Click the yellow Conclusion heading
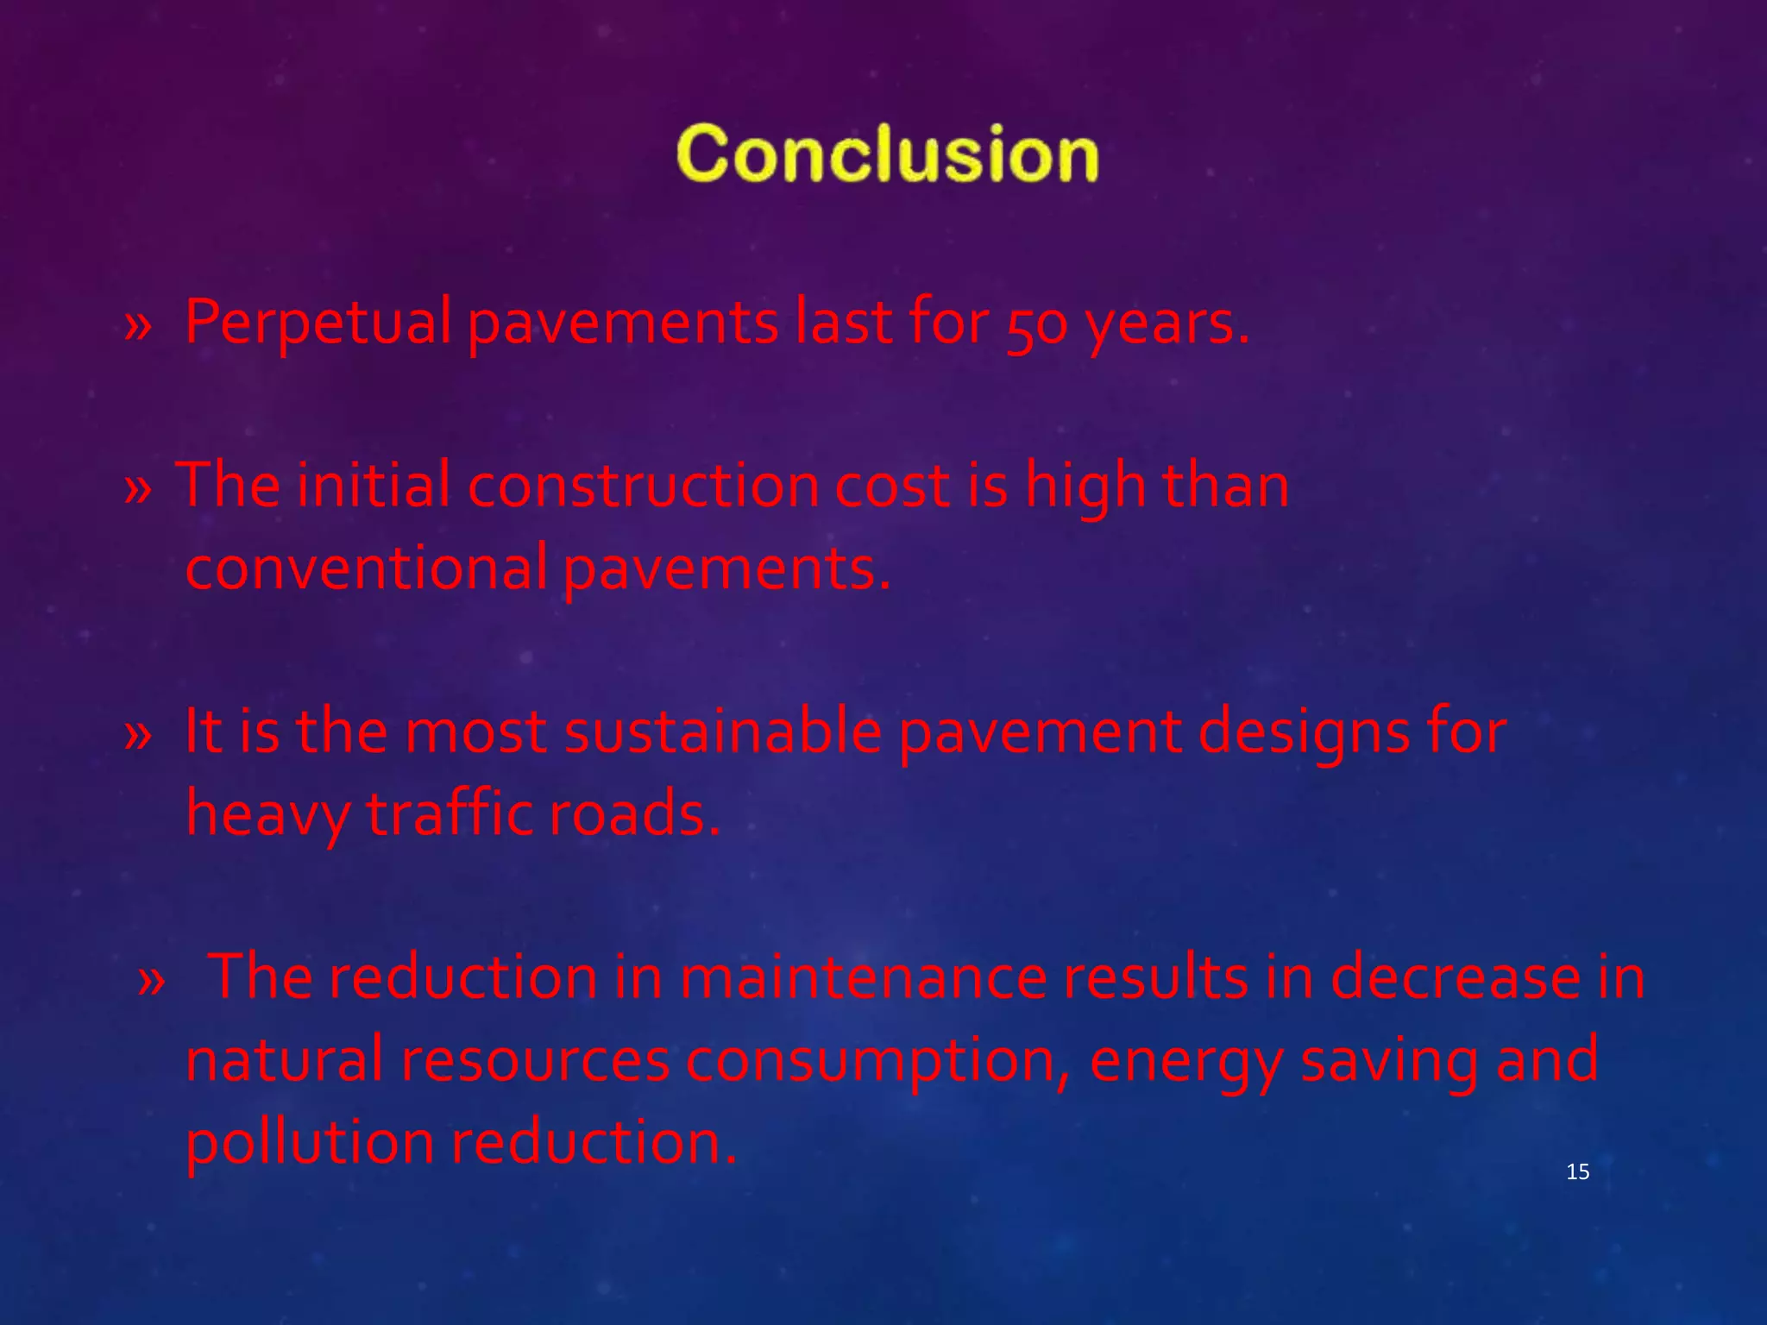click(887, 154)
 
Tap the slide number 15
click(1577, 1171)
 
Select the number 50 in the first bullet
click(1036, 324)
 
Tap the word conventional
click(366, 568)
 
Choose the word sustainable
click(722, 732)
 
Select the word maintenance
click(863, 977)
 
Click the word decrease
click(1455, 977)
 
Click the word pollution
click(310, 1142)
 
